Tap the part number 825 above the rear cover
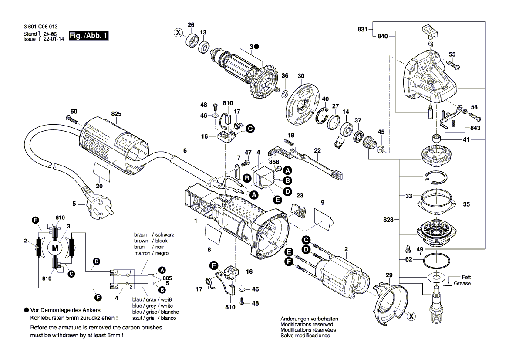pos(116,114)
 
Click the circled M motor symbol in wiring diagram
pos(55,248)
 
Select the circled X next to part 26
pos(177,32)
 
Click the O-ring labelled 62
pos(436,261)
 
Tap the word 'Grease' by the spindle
pos(462,283)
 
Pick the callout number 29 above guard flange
pos(389,275)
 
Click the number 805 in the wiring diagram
pos(167,278)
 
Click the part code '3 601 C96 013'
pos(40,27)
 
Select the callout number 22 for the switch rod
pos(317,150)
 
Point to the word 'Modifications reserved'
pos(307,325)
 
